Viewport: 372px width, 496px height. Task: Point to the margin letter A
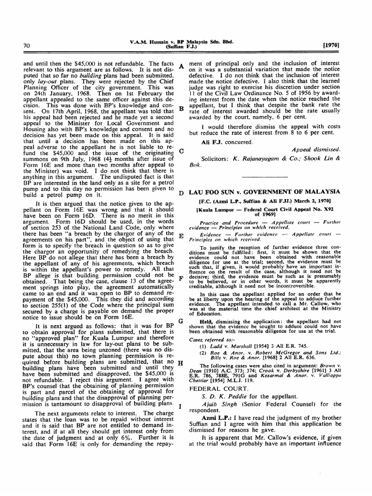tap(181, 66)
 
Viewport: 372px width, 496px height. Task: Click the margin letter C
tap(181, 151)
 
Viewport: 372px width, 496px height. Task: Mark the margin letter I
tap(181, 405)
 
